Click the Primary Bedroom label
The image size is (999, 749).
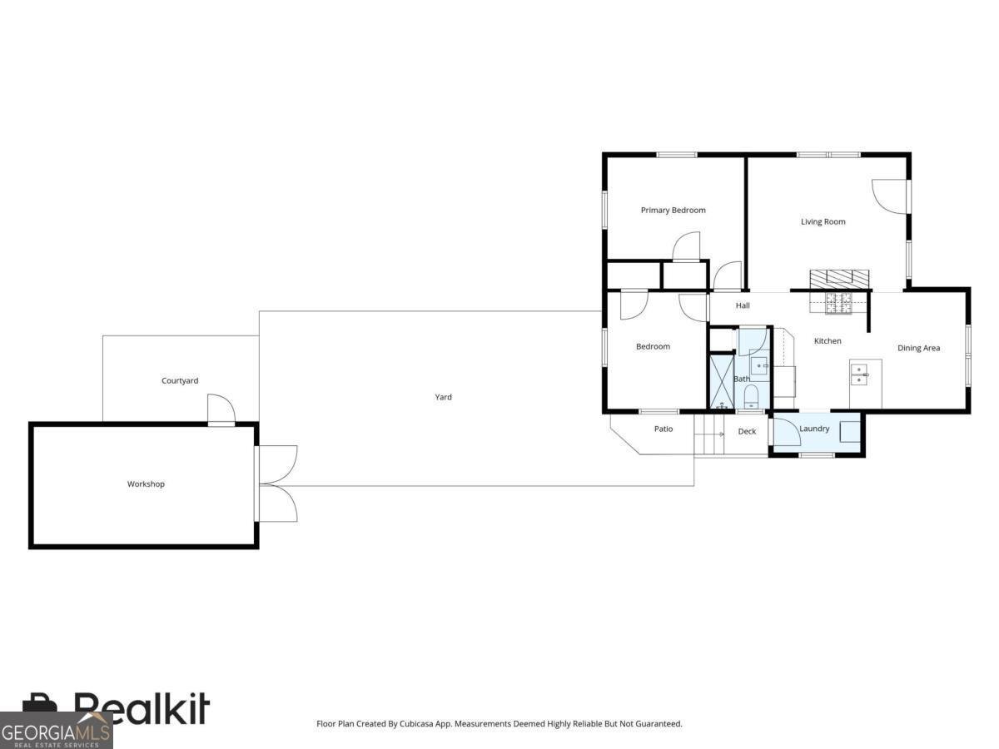pyautogui.click(x=673, y=211)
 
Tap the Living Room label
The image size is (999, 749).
pyautogui.click(x=823, y=222)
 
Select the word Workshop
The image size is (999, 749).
pyautogui.click(x=146, y=484)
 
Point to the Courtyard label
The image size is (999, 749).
pyautogui.click(x=180, y=381)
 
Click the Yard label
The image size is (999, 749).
pyautogui.click(x=444, y=398)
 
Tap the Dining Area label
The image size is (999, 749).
pyautogui.click(x=918, y=349)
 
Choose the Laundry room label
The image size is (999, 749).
pyautogui.click(x=814, y=429)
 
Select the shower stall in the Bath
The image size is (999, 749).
pyautogui.click(x=721, y=382)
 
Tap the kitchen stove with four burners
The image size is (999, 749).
pyautogui.click(x=838, y=304)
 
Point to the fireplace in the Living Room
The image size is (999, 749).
pyautogui.click(x=839, y=278)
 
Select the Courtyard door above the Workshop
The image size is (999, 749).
pyautogui.click(x=221, y=409)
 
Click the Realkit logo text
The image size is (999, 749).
pyautogui.click(x=142, y=709)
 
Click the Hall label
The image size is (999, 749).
pyautogui.click(x=743, y=305)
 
